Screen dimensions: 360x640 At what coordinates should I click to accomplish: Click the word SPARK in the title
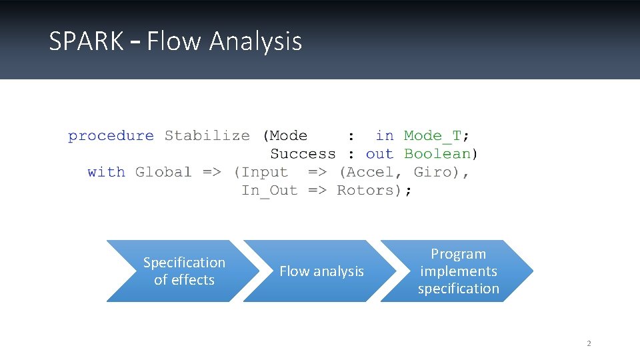[86, 41]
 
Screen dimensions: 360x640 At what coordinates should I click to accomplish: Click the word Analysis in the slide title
[255, 42]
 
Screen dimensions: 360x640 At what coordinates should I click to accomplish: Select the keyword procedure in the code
[111, 136]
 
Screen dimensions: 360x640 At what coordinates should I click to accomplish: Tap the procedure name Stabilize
[207, 136]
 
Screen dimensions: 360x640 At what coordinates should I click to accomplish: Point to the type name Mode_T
[432, 136]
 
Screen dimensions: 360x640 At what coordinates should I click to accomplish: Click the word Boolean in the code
[437, 154]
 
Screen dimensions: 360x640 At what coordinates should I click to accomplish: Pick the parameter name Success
[303, 154]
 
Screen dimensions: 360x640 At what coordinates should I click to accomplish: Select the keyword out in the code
[379, 154]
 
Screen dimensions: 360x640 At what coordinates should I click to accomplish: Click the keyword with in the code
[106, 172]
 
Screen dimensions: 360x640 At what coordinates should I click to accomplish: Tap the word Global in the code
[163, 172]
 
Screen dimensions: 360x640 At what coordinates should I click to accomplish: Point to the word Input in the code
[265, 172]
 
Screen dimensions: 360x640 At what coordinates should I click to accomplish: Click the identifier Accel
[371, 172]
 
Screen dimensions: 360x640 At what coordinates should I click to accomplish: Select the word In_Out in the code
[269, 191]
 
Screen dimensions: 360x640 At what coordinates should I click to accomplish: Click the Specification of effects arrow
[183, 271]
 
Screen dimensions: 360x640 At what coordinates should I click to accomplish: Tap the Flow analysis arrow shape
[321, 271]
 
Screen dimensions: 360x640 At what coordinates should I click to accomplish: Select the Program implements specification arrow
[458, 271]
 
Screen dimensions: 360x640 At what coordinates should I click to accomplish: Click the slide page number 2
[589, 344]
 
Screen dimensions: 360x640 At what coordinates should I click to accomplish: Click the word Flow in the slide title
[175, 41]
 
